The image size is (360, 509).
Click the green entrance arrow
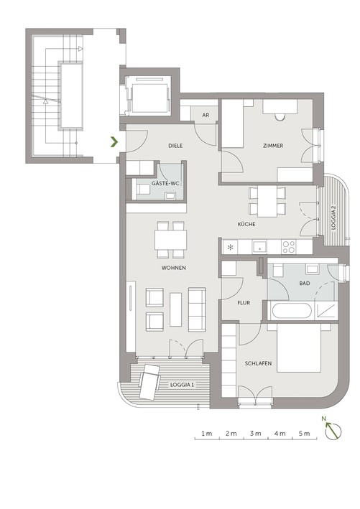click(x=114, y=142)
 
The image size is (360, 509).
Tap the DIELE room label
click(x=175, y=146)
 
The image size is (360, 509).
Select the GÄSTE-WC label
click(x=165, y=183)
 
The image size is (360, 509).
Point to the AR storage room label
click(x=206, y=115)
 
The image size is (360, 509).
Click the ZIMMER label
click(x=273, y=146)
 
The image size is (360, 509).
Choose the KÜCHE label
click(x=246, y=224)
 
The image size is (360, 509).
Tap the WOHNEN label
click(x=173, y=268)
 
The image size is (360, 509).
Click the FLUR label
click(x=244, y=302)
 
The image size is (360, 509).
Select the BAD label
click(x=305, y=284)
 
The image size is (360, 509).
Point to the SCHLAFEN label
click(x=258, y=363)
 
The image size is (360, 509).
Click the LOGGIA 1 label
click(x=182, y=385)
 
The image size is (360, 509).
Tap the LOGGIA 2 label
click(x=333, y=218)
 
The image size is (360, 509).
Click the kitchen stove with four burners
click(x=289, y=247)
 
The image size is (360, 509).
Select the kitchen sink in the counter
click(x=259, y=247)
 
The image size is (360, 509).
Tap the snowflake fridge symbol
click(x=230, y=248)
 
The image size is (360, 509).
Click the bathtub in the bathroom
click(x=291, y=311)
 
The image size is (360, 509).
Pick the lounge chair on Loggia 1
click(x=149, y=381)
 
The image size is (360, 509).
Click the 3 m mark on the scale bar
click(x=256, y=434)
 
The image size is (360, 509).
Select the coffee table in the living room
click(x=176, y=309)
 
